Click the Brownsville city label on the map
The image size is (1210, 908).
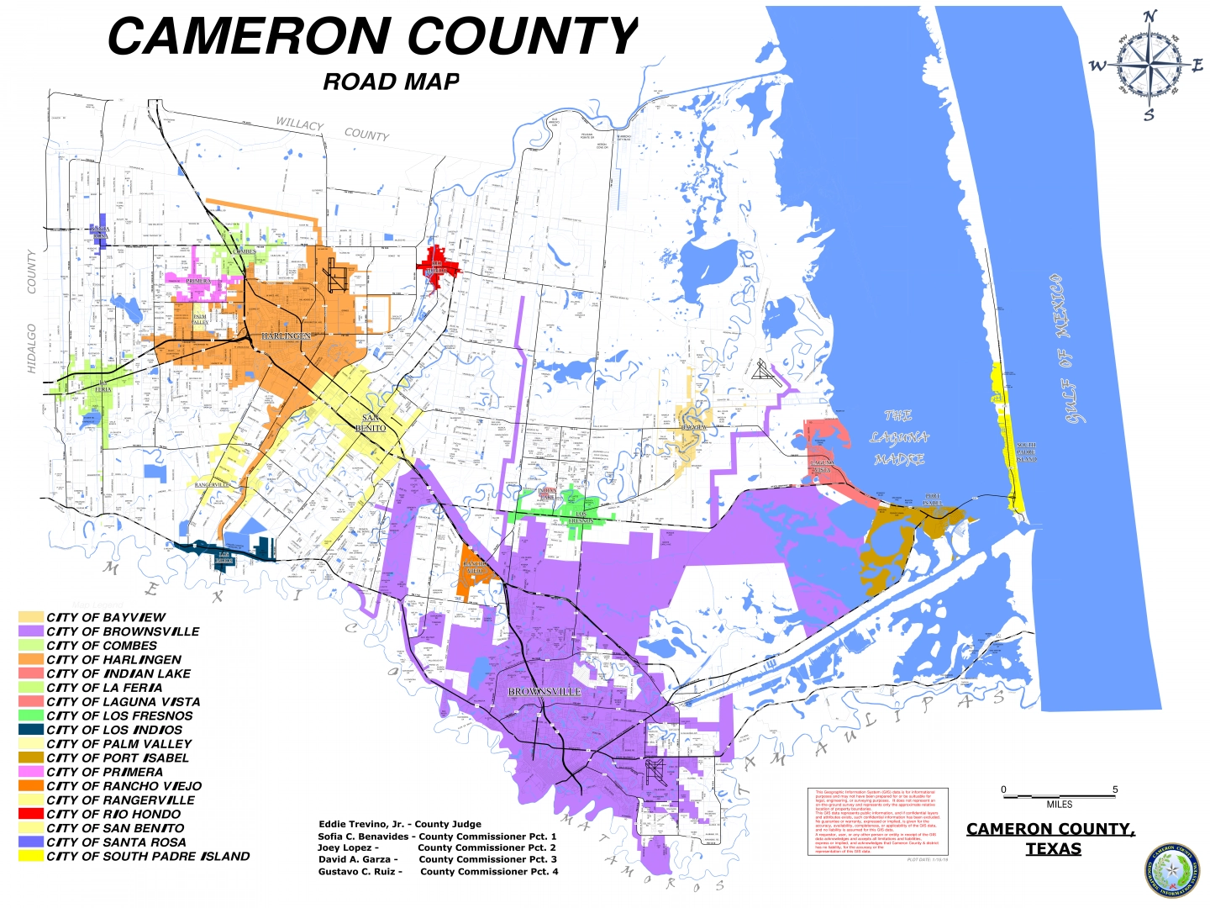click(x=544, y=692)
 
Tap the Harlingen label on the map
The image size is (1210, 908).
click(x=286, y=336)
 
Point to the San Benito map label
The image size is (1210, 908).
click(x=371, y=423)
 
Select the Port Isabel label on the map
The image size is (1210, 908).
click(x=932, y=500)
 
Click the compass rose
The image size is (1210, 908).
click(x=1148, y=64)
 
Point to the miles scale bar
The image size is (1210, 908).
click(x=1059, y=795)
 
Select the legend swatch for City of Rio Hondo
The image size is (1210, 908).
click(x=31, y=814)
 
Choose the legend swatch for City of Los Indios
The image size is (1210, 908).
click(x=31, y=730)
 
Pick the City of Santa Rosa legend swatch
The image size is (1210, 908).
click(x=31, y=842)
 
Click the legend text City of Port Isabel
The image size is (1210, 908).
click(x=118, y=758)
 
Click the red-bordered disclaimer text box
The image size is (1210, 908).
click(x=877, y=821)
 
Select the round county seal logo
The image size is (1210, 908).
click(x=1172, y=870)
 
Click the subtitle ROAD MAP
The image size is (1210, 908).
click(x=391, y=82)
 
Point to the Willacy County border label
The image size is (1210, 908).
click(x=333, y=129)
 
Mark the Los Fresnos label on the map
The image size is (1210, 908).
click(x=581, y=518)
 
